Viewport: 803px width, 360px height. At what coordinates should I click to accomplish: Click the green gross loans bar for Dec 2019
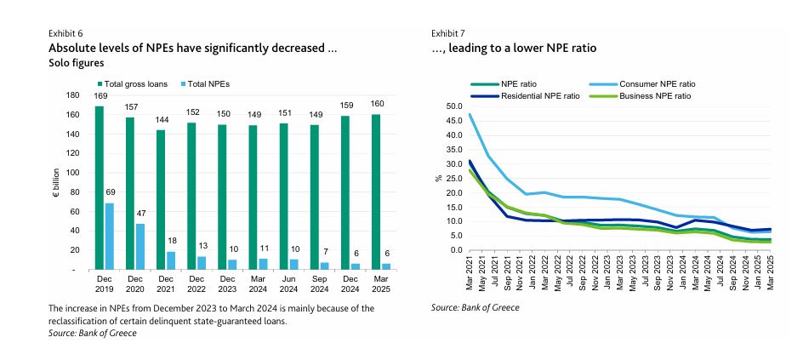click(x=100, y=187)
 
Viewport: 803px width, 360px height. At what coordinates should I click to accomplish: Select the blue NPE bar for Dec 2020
click(x=140, y=247)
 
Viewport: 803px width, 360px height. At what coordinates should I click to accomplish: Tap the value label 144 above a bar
click(x=161, y=120)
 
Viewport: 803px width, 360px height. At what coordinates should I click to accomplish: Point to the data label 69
click(x=109, y=195)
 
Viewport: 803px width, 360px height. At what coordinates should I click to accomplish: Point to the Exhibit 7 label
click(x=447, y=33)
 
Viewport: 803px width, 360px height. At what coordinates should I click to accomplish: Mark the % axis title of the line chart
click(x=438, y=178)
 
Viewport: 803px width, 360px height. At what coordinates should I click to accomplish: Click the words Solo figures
click(x=76, y=63)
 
